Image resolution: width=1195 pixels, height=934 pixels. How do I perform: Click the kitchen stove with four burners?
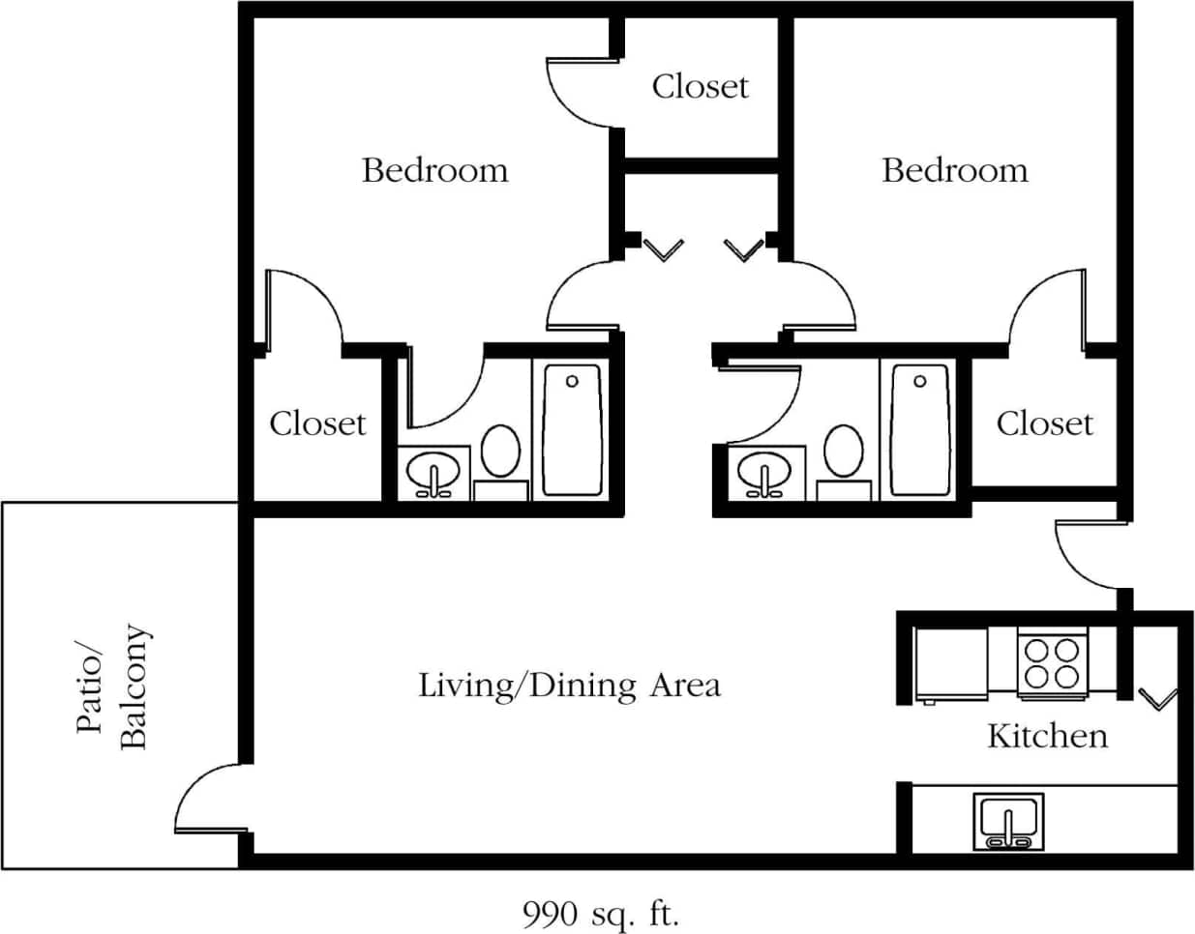[x=1052, y=662]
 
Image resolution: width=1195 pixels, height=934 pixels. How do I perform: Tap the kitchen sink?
[x=1008, y=821]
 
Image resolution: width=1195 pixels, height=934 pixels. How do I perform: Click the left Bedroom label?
[x=434, y=170]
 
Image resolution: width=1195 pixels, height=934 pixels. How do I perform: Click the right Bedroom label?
[x=954, y=170]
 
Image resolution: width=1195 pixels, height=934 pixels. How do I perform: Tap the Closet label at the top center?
[x=700, y=87]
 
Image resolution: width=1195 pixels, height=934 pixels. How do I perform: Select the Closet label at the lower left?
[x=317, y=423]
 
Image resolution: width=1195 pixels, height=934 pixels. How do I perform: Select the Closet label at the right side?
[x=1044, y=423]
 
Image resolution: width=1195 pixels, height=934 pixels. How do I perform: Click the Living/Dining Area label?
[x=569, y=686]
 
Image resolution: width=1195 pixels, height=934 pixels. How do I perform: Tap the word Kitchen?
[x=1047, y=736]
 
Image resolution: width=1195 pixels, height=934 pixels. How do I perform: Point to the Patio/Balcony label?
[x=112, y=686]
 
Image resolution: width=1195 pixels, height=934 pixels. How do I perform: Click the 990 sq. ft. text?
[x=601, y=913]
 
